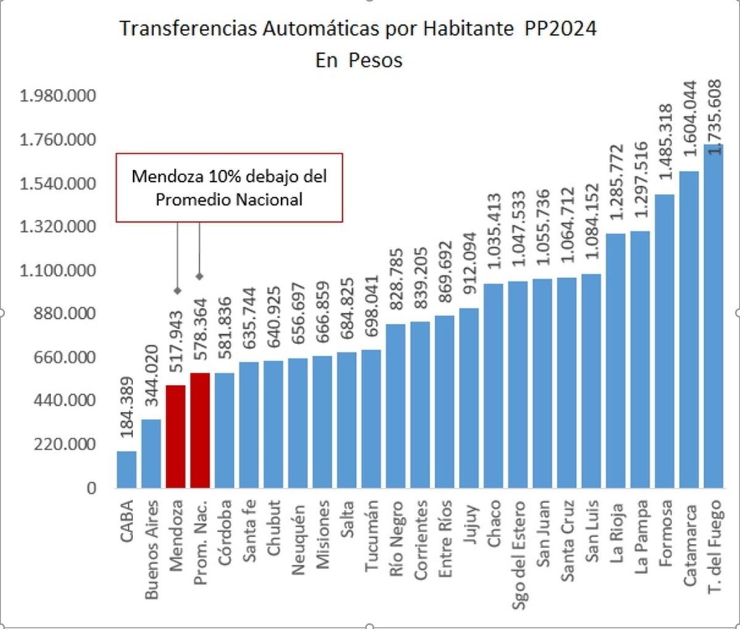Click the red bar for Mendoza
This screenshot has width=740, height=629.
point(176,436)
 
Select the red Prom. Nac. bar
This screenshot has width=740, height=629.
point(200,430)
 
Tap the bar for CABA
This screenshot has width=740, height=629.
point(127,469)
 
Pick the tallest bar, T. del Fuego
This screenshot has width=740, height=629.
point(713,316)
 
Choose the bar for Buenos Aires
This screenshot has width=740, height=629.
point(152,453)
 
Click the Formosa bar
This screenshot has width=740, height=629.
point(665,341)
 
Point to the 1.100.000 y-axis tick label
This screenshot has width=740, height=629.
point(58,271)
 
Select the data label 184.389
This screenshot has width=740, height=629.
point(127,408)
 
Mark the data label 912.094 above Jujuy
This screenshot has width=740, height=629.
point(470,268)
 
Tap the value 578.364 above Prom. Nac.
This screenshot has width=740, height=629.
point(200,334)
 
